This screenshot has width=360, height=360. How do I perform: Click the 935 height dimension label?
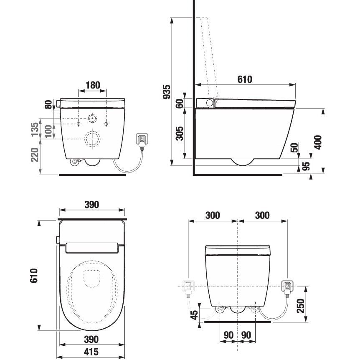click(167, 92)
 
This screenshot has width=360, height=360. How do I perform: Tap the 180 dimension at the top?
click(93, 85)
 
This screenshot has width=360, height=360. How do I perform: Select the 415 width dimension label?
click(91, 352)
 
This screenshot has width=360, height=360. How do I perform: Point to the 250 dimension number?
click(300, 306)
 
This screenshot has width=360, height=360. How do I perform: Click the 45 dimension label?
click(194, 315)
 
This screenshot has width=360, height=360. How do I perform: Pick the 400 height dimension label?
click(318, 142)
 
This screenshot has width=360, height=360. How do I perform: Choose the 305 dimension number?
click(179, 133)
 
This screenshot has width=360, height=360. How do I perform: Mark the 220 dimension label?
click(35, 155)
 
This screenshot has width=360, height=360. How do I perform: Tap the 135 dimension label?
click(35, 129)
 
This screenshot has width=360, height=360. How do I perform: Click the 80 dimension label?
click(48, 104)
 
